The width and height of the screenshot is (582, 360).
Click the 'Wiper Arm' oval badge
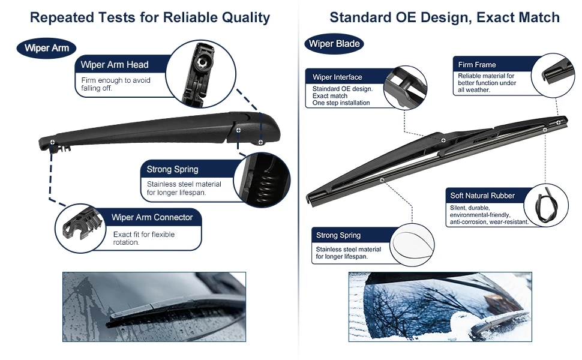(47, 48)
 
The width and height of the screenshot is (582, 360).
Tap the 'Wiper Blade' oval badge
(334, 44)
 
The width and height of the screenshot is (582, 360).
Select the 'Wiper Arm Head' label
(115, 65)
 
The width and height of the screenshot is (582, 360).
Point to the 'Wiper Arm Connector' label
(152, 217)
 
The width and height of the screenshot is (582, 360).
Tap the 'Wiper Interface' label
(338, 77)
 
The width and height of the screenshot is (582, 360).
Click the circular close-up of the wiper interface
(405, 88)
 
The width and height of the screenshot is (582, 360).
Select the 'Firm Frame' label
(477, 65)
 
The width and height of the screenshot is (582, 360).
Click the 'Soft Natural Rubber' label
(482, 196)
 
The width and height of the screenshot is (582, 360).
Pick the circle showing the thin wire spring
(412, 243)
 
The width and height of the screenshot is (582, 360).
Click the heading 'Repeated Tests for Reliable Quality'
(150, 17)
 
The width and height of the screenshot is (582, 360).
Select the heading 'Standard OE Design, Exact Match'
(445, 17)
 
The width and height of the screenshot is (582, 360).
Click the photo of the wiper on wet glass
(154, 307)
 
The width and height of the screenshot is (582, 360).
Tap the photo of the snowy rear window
(440, 307)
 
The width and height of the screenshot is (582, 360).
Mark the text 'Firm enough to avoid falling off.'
(116, 84)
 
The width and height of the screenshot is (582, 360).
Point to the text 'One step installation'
(341, 103)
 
